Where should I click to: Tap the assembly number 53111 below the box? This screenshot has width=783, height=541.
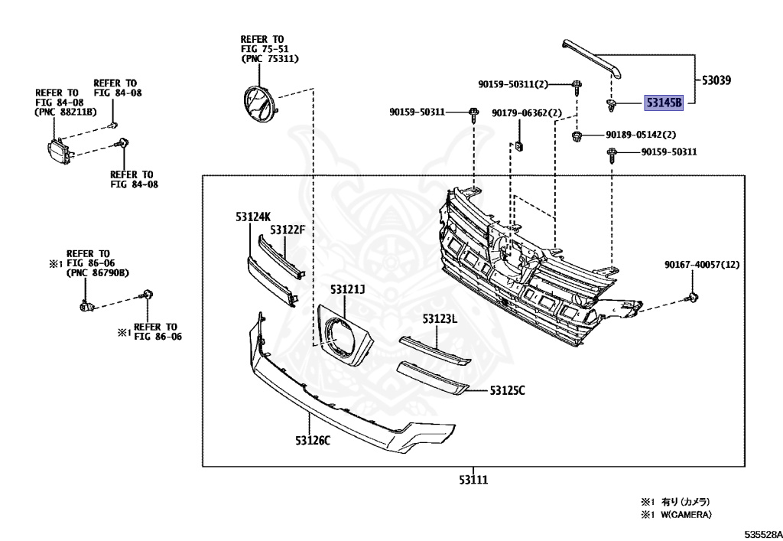coord(473,480)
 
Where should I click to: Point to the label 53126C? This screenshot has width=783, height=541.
coord(313,440)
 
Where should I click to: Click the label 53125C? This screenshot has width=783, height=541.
coord(507,391)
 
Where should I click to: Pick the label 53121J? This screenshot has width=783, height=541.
coord(348,289)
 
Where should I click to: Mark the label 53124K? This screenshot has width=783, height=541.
coord(253,217)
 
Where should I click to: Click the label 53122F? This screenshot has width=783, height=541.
coord(288,230)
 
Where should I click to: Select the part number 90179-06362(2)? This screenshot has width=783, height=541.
coord(527,113)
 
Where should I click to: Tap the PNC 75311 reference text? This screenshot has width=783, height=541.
coord(270,59)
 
